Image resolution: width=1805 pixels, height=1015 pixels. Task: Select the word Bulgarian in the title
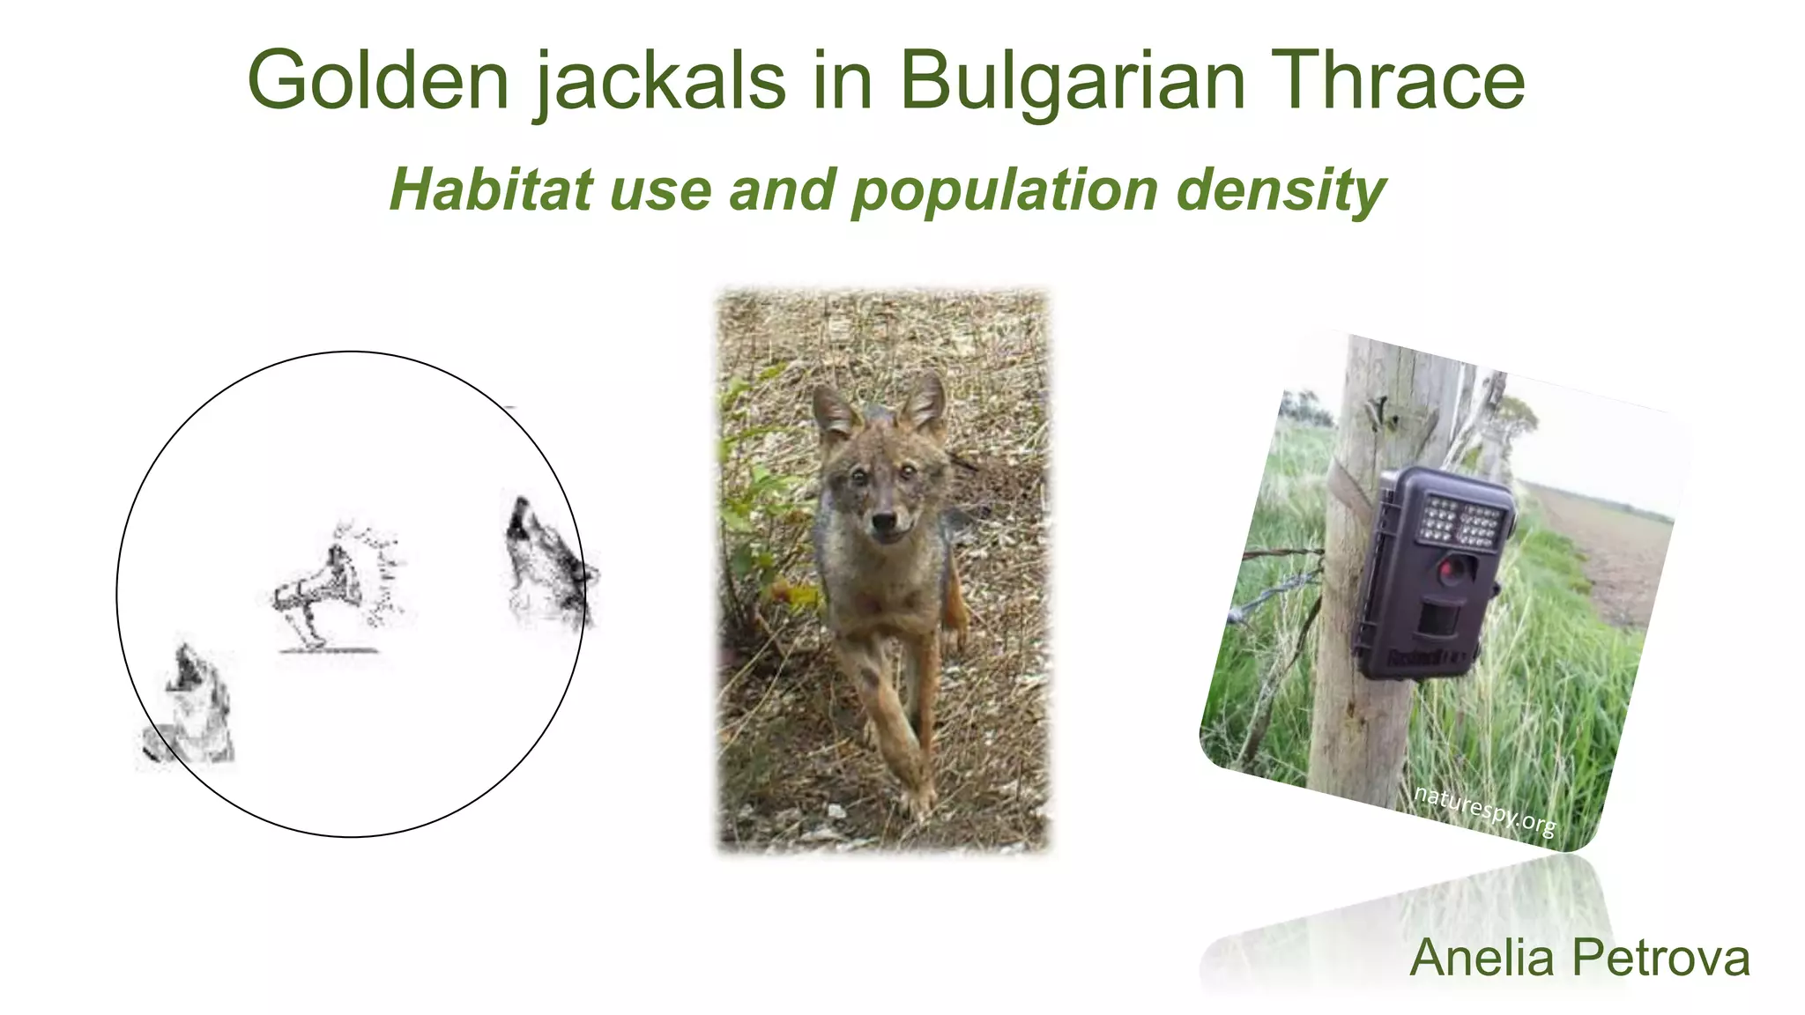point(1072,81)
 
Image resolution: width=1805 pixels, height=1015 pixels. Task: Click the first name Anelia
point(1482,959)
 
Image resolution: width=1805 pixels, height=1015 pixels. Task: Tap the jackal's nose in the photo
point(884,522)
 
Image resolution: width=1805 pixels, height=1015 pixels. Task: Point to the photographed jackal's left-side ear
point(834,412)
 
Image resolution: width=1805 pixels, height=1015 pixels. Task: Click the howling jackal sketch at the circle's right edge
point(546,564)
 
